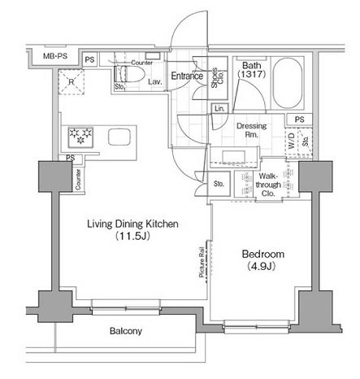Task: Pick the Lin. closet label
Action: coord(219,109)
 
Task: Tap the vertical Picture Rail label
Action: coord(202,264)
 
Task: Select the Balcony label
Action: coord(126,331)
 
